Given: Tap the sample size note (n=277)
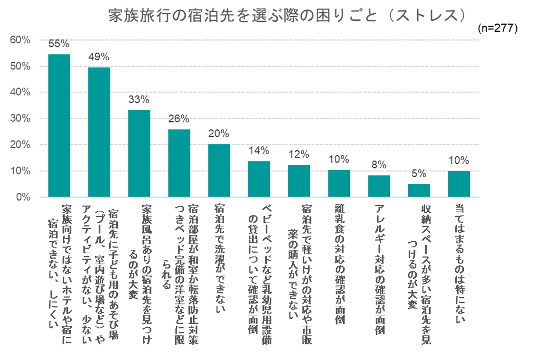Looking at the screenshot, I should pyautogui.click(x=497, y=28).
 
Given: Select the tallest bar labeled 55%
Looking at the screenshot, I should pyautogui.click(x=59, y=126).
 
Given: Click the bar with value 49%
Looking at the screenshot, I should pyautogui.click(x=99, y=133).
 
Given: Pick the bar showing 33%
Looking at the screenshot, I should pyautogui.click(x=139, y=153).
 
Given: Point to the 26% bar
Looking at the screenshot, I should pyautogui.click(x=179, y=163).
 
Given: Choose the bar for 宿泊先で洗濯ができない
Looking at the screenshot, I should pyautogui.click(x=219, y=171).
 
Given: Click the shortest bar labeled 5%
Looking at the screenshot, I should pyautogui.click(x=419, y=190).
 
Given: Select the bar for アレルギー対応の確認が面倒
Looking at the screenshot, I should pyautogui.click(x=379, y=186).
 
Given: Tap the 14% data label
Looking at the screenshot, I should pyautogui.click(x=259, y=151).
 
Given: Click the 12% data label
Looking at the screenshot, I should pyautogui.click(x=299, y=154).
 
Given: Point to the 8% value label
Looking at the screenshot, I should pyautogui.click(x=379, y=165).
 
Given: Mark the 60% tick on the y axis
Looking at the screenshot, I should pyautogui.click(x=20, y=40).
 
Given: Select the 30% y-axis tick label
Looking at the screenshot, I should pyautogui.click(x=20, y=119).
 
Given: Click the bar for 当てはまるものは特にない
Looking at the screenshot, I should pyautogui.click(x=459, y=184).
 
